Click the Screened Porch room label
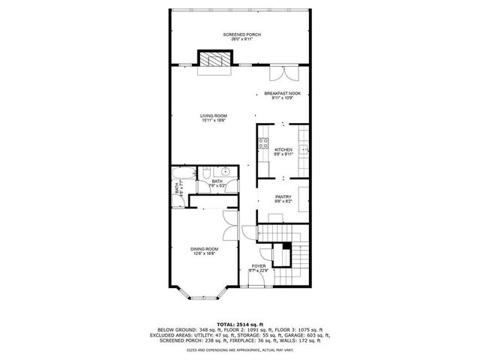pos(239,34)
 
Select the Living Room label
pos(214,115)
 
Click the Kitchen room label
pos(283,149)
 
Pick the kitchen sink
pos(304,149)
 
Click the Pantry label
pos(283,197)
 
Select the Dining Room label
pos(204,248)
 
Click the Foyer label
pos(259,265)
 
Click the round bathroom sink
pos(224,171)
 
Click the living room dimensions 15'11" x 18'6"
pos(214,121)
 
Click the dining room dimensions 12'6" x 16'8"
pos(204,253)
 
